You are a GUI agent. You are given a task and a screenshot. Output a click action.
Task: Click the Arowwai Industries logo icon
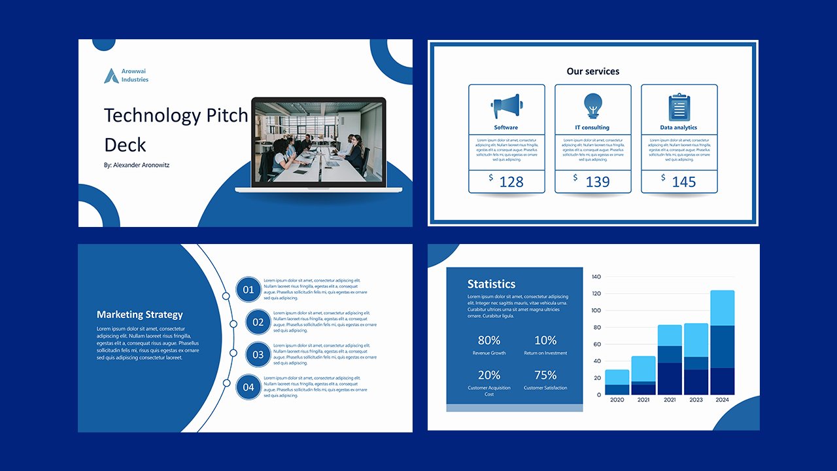111,76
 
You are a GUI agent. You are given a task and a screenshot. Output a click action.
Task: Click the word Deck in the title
125,145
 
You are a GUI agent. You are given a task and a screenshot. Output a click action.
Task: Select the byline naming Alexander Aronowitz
136,166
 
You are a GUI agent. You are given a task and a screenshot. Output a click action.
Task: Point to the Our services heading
592,71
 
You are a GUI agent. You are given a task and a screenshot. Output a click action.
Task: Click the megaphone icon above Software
506,105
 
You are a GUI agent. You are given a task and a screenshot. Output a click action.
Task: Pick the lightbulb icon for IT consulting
592,105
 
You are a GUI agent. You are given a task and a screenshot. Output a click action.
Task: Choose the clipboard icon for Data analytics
679,107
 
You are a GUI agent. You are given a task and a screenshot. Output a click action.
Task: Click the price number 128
511,182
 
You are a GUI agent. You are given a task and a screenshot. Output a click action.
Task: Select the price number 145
683,182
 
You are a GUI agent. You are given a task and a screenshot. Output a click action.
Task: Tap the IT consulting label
592,128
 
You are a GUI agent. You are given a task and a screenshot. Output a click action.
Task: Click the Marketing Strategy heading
139,315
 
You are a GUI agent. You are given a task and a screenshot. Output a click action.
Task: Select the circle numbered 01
248,290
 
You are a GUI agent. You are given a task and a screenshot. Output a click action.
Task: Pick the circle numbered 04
248,387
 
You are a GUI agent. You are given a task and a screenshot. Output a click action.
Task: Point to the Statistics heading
491,284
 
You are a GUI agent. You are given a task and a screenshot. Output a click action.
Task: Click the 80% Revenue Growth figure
489,340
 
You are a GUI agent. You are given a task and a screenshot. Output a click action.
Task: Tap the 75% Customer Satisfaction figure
545,375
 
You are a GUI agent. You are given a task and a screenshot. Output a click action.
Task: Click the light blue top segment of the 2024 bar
722,307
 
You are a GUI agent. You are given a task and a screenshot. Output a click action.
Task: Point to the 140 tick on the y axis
596,277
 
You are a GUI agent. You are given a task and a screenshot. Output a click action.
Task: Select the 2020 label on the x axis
617,400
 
